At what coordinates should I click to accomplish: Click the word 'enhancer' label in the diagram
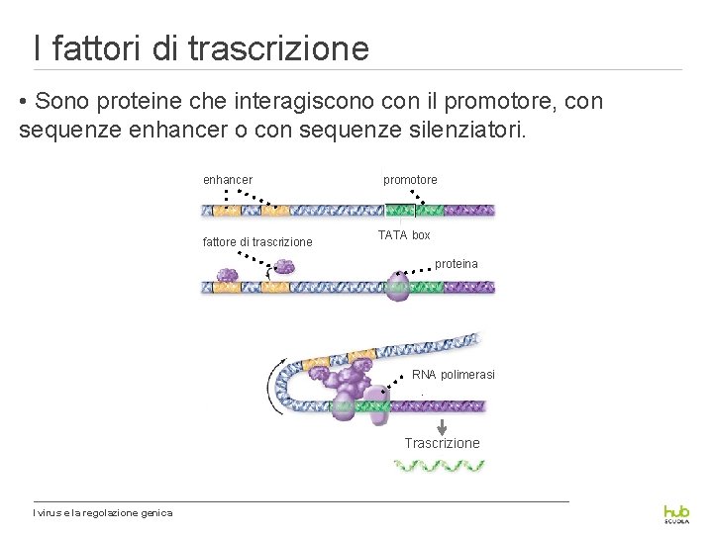point(227,180)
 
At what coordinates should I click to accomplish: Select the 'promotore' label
point(410,180)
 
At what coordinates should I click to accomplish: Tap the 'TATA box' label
point(404,235)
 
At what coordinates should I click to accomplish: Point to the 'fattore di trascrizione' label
point(257,242)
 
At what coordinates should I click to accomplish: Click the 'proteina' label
point(456,264)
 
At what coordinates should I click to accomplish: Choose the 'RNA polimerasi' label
point(454,375)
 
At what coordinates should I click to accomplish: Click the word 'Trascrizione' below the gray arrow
point(442,443)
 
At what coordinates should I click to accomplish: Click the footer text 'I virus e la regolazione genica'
point(103,512)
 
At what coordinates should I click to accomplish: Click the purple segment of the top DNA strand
point(468,210)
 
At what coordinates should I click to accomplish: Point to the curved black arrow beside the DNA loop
point(272,386)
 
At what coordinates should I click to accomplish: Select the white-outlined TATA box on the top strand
point(401,210)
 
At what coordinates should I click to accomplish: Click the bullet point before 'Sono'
point(24,102)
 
